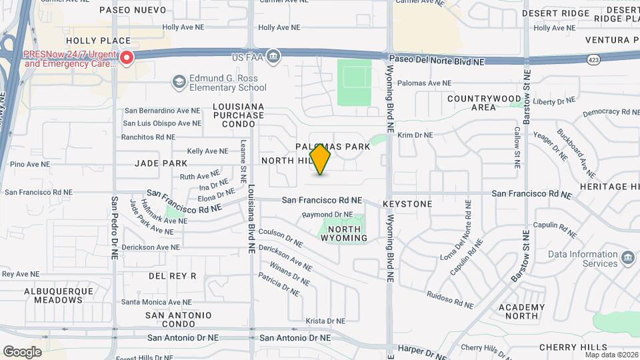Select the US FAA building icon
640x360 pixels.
273,57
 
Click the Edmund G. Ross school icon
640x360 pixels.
178,82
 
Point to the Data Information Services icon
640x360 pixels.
627,258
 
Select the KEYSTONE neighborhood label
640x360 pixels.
407,204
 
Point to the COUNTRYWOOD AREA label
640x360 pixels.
484,103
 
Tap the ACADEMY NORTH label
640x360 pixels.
521,311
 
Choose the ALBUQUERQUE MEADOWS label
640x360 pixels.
53,295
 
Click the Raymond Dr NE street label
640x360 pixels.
327,215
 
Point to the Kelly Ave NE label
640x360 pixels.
203,151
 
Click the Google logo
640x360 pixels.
22,351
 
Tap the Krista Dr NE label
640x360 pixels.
325,321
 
